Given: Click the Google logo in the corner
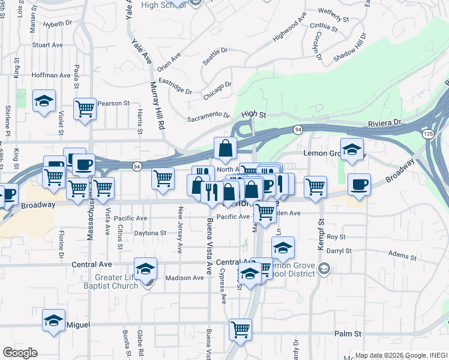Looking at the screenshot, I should point(20,353).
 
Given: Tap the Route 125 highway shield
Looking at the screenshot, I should point(428,133).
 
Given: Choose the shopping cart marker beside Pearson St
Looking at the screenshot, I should point(85,109).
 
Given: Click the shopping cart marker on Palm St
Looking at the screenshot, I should point(240,329).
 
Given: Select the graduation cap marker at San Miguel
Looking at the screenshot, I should point(53,320).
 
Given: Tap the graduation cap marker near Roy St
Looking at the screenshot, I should point(283,247).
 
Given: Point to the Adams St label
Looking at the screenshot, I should point(402,254).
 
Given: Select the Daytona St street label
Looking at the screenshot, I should point(150,233).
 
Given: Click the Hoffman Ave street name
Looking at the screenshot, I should point(52,76).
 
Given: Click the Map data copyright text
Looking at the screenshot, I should point(399,355).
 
